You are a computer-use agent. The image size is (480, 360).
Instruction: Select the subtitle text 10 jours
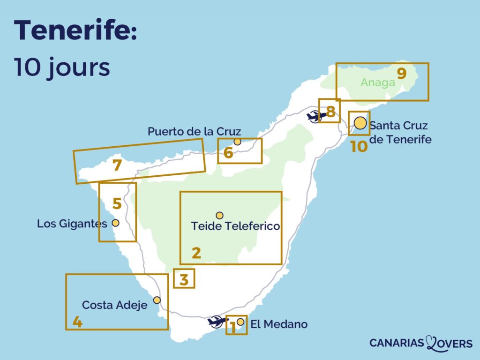click(62, 67)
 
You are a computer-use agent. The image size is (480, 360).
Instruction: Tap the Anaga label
click(378, 82)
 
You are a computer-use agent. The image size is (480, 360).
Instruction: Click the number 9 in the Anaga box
click(402, 74)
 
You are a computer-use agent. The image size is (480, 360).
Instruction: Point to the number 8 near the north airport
click(330, 112)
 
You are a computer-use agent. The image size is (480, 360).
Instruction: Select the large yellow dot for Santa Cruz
click(360, 123)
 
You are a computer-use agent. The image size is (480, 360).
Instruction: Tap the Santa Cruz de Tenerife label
click(400, 133)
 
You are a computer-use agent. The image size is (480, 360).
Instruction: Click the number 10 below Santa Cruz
click(359, 147)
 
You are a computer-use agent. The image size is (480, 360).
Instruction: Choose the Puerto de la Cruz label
click(194, 132)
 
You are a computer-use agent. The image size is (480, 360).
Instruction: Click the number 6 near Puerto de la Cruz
click(228, 153)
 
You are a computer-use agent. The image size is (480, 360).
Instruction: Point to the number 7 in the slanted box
click(117, 165)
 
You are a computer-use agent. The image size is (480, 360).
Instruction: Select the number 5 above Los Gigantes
click(117, 204)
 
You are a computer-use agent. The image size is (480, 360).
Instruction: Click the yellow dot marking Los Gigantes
click(115, 223)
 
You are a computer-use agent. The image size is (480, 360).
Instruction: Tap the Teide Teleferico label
click(235, 226)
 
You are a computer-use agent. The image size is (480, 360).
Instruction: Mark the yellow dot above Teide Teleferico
click(219, 215)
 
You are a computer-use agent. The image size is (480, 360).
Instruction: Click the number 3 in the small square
click(184, 280)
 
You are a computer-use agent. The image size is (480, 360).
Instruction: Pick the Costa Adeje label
click(115, 305)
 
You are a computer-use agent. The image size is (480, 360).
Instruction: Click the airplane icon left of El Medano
click(217, 322)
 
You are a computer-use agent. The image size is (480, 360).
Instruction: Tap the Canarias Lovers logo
click(420, 343)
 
